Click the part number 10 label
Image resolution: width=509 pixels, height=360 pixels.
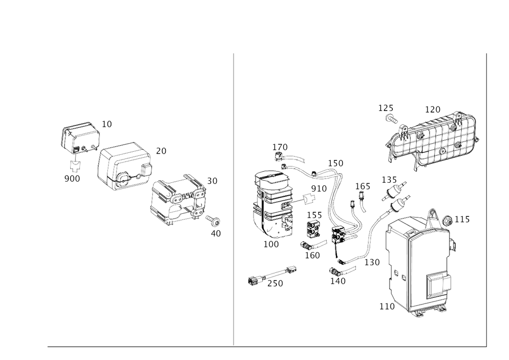click(x=107, y=123)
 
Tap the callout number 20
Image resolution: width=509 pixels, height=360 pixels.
click(x=161, y=151)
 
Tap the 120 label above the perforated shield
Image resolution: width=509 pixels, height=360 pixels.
click(x=433, y=108)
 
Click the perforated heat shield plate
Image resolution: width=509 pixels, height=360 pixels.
click(x=438, y=135)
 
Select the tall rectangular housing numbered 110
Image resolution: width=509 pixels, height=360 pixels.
click(x=417, y=265)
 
